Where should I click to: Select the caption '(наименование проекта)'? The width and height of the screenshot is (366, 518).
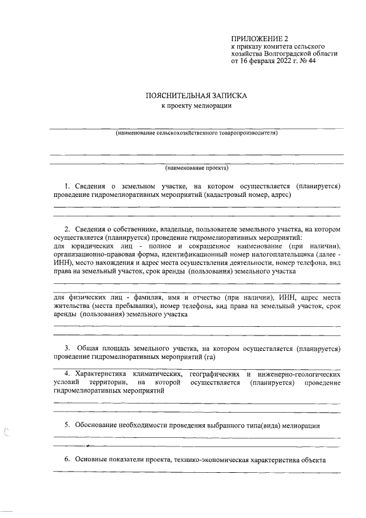[x=196, y=168]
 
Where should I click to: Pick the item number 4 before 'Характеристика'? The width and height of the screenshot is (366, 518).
[x=67, y=374]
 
